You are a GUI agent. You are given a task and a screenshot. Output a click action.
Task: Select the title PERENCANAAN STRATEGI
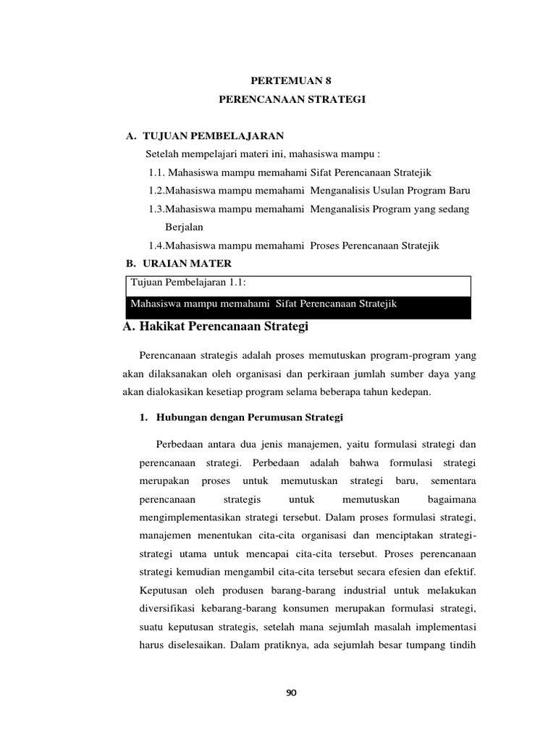(292, 99)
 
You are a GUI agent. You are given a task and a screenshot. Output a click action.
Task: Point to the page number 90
(291, 693)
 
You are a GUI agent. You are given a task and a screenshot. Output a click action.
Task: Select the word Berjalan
(184, 227)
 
